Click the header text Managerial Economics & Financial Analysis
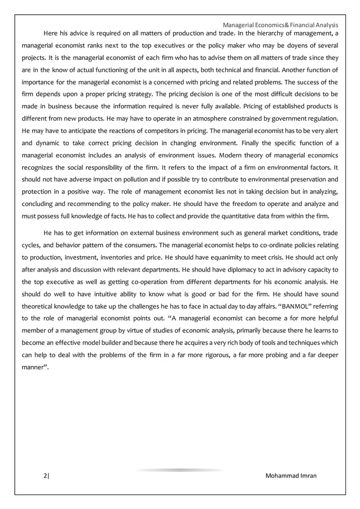[280, 25]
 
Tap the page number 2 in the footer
[46, 476]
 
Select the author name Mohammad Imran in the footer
[291, 476]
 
